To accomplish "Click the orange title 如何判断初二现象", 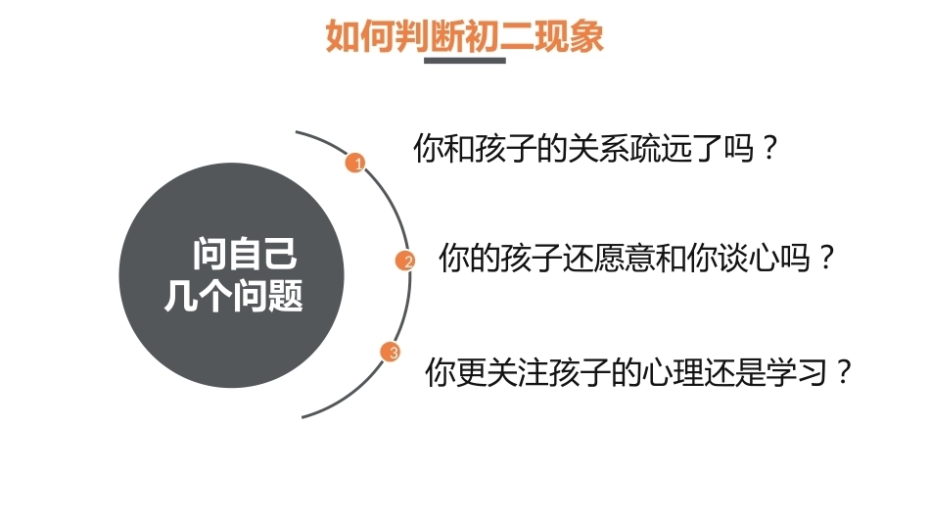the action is click(x=464, y=35).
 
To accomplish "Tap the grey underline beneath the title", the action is click(x=464, y=60).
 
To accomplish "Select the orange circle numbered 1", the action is click(x=355, y=163).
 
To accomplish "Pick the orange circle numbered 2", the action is click(x=405, y=261).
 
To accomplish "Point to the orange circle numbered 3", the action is click(x=391, y=353).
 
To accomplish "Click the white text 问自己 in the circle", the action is click(x=245, y=254).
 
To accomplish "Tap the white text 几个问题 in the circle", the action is click(x=234, y=296).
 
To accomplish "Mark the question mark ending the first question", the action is click(x=769, y=148).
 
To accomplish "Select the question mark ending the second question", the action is click(x=825, y=259).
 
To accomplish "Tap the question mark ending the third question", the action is click(x=844, y=372).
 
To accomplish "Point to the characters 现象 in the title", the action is click(x=570, y=35).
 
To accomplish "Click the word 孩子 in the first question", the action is click(x=506, y=148).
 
